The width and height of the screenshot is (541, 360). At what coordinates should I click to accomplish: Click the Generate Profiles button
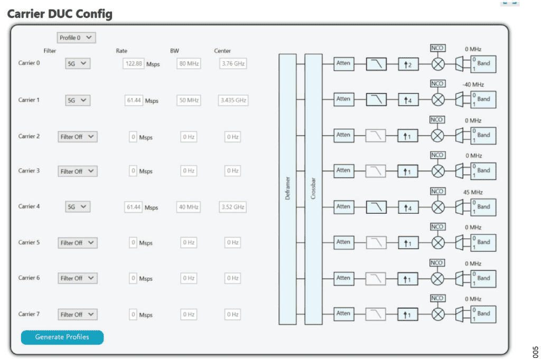click(62, 337)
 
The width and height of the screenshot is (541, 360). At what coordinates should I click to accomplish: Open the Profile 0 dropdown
click(76, 37)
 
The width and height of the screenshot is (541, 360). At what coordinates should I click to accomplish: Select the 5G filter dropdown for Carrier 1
click(77, 100)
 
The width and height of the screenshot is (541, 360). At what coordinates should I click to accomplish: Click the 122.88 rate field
click(134, 64)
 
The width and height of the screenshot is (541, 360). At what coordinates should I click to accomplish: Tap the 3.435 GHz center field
click(233, 100)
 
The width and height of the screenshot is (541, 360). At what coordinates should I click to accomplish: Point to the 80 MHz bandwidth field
click(189, 64)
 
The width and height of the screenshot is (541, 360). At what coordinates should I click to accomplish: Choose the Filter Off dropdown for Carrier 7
click(78, 315)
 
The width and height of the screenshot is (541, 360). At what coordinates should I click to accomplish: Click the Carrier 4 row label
click(29, 206)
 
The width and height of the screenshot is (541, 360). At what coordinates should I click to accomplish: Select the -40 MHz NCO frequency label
click(473, 84)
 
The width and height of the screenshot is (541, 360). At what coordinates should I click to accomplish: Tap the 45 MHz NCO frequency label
click(473, 192)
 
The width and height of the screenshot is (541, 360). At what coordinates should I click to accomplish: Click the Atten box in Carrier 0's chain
click(343, 63)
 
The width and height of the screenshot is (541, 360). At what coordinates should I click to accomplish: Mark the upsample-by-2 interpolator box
click(408, 64)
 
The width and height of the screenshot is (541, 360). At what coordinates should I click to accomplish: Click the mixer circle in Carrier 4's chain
click(438, 207)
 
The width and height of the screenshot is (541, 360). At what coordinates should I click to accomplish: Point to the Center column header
click(222, 51)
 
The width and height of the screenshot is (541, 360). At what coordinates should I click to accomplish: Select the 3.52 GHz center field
click(233, 207)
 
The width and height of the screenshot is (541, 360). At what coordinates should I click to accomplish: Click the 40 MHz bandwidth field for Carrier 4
click(189, 207)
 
